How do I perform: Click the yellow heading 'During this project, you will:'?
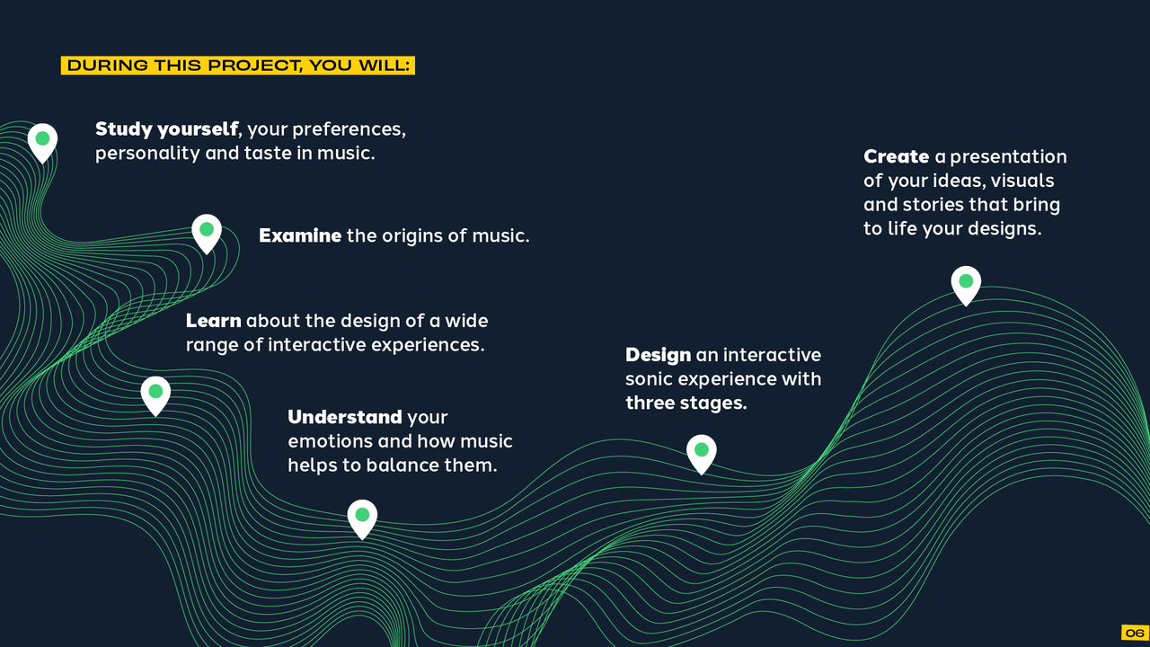238,66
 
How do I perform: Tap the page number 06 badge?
1135,633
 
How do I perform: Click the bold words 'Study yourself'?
166,129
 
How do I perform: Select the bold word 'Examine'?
300,235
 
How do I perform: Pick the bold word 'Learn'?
213,321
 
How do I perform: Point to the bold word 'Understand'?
344,417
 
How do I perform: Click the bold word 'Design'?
659,355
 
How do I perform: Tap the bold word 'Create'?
896,156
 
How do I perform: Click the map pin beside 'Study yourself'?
42,143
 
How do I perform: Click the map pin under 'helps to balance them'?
362,519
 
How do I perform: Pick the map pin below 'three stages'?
702,455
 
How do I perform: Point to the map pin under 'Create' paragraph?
966,286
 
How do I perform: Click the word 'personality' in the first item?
147,154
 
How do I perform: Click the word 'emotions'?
330,441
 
